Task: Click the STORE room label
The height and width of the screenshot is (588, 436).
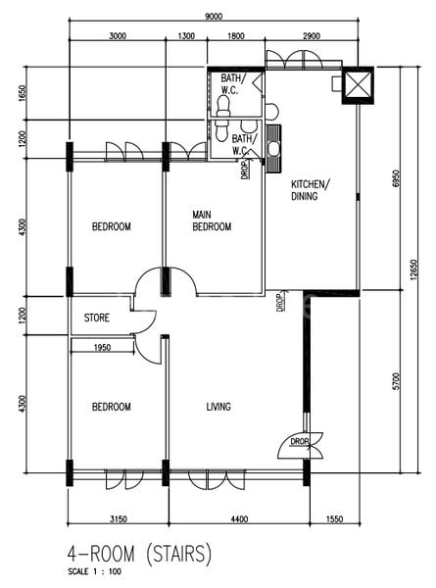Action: pyautogui.click(x=97, y=318)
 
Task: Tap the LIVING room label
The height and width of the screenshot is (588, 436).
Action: pyautogui.click(x=218, y=407)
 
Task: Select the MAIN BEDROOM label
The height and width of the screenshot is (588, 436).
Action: pyautogui.click(x=212, y=220)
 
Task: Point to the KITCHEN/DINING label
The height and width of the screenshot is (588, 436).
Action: pyautogui.click(x=311, y=190)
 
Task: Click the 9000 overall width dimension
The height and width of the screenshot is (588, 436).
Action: pyautogui.click(x=214, y=17)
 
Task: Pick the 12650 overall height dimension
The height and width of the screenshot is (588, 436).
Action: pyautogui.click(x=413, y=269)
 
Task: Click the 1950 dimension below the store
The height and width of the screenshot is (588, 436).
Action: pyautogui.click(x=102, y=348)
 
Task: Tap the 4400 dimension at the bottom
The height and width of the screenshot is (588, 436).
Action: pyautogui.click(x=239, y=519)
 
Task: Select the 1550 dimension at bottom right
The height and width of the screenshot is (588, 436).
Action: pyautogui.click(x=334, y=519)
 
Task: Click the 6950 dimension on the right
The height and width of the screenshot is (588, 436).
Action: pyautogui.click(x=396, y=180)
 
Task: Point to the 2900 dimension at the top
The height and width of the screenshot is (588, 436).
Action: pyautogui.click(x=312, y=36)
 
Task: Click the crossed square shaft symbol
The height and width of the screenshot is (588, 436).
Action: pyautogui.click(x=358, y=84)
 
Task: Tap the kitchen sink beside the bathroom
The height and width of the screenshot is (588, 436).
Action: pyautogui.click(x=273, y=148)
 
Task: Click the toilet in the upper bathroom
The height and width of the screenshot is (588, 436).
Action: pyautogui.click(x=223, y=106)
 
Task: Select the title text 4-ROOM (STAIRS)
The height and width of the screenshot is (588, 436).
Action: pyautogui.click(x=139, y=555)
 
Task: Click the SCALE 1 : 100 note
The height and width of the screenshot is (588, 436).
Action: pyautogui.click(x=94, y=572)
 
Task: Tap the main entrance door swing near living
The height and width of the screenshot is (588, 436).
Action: pyautogui.click(x=300, y=446)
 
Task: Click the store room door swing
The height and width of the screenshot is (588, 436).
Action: pyautogui.click(x=144, y=322)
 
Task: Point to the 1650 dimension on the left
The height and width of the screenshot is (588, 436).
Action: pyautogui.click(x=23, y=93)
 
